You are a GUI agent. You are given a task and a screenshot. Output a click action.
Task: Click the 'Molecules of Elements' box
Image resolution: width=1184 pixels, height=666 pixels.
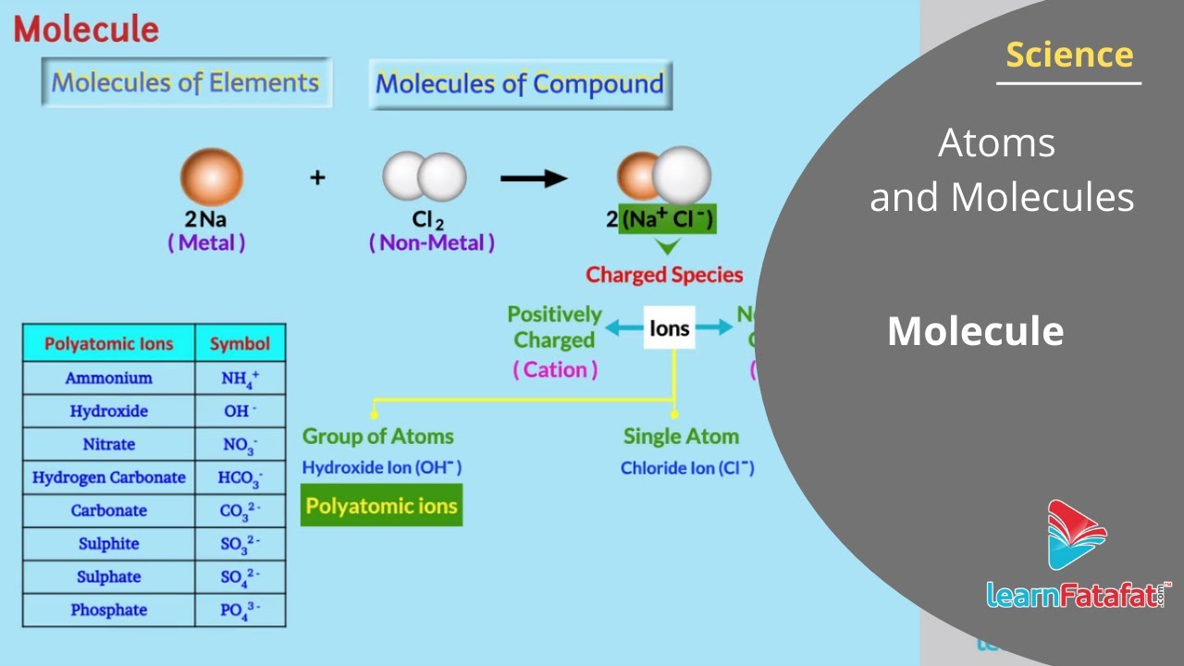(x=186, y=82)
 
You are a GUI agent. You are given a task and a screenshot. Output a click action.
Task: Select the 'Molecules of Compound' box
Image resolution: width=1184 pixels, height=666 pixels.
(x=520, y=85)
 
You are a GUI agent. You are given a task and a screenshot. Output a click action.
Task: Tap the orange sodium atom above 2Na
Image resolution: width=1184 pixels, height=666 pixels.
(x=211, y=177)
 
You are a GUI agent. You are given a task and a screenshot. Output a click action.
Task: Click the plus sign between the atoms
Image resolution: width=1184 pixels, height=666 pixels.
(x=317, y=177)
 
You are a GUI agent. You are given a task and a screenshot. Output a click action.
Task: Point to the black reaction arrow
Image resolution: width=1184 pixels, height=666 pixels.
(x=534, y=178)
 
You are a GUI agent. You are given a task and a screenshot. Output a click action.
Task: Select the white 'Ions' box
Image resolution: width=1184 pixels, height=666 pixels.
(x=669, y=328)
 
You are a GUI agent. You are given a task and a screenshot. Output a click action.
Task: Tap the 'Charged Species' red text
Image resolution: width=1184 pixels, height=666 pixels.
(x=664, y=275)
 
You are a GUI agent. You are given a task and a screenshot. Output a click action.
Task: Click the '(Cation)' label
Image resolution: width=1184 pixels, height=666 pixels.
(x=555, y=370)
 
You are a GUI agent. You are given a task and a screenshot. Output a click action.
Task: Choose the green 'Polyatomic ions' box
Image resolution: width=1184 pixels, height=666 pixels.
(x=381, y=507)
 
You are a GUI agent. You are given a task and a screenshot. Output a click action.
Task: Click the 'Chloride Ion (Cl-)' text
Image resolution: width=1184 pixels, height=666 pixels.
(x=687, y=468)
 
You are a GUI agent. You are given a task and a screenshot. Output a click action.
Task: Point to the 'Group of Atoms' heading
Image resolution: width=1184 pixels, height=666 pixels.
(x=378, y=437)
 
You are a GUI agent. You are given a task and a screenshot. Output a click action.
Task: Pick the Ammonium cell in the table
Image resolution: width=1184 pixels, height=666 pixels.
(x=109, y=378)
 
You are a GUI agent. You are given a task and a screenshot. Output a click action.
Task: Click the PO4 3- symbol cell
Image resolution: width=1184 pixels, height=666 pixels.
(x=240, y=610)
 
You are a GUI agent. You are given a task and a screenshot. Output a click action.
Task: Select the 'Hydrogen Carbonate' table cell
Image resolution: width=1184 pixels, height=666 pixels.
(x=109, y=478)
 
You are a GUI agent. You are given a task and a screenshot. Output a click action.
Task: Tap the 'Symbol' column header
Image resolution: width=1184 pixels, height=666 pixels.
(x=240, y=344)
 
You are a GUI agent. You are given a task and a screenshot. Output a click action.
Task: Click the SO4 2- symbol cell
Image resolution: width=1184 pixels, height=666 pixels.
(x=240, y=577)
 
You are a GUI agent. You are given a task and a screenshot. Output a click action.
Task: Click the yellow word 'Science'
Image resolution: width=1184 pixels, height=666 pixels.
(x=1069, y=55)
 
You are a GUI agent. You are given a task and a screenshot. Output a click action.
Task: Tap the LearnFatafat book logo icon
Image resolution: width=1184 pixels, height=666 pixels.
(x=1077, y=535)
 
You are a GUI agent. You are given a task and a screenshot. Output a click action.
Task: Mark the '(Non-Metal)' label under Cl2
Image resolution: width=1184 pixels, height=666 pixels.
(x=432, y=243)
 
